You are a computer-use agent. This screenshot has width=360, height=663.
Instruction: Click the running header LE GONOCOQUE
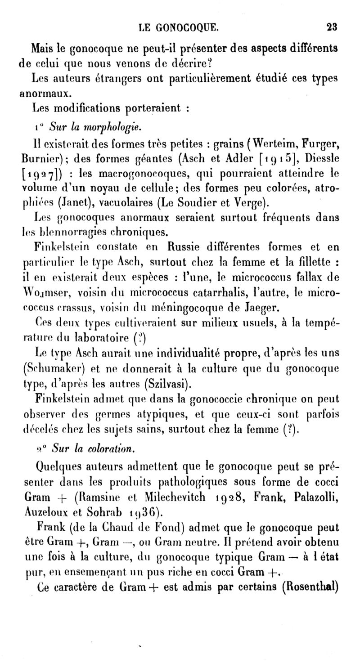(x=180, y=27)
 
